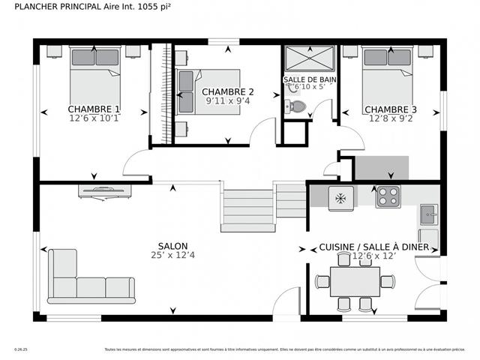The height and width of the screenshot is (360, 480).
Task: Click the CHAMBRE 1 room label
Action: click(94, 108)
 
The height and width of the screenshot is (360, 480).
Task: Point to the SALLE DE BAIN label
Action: click(310, 79)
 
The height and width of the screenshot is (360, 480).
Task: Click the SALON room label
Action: click(172, 246)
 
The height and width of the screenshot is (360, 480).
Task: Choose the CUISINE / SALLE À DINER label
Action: click(373, 247)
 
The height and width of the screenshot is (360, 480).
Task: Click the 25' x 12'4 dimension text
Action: click(172, 256)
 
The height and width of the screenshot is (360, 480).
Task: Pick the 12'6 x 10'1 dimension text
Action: click(94, 118)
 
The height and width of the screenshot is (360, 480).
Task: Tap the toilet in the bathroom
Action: click(296, 106)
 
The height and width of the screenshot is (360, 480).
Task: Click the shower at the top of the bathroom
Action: click(310, 58)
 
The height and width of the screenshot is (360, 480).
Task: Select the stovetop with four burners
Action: click(388, 196)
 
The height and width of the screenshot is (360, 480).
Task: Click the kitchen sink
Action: click(428, 214)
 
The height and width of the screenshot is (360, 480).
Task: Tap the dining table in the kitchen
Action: click(354, 283)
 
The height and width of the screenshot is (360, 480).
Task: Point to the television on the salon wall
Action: click(105, 190)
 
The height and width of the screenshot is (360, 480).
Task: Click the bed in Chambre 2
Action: click(207, 91)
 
